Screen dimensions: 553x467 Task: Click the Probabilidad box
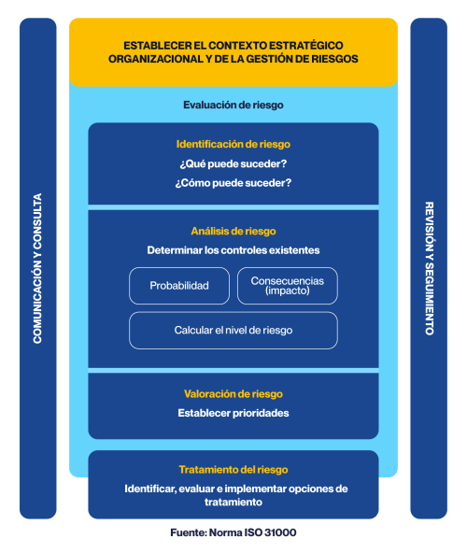[178, 286]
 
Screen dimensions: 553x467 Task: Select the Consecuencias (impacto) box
[287, 286]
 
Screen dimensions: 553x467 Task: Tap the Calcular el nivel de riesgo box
[233, 331]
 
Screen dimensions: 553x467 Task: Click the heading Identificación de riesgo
[233, 144]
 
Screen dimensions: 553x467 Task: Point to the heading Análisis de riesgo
[233, 231]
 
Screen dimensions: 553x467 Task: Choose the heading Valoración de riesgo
[233, 394]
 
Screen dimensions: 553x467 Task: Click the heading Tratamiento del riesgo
[233, 469]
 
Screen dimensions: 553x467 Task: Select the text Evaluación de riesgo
[233, 106]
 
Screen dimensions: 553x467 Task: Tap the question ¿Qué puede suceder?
[233, 163]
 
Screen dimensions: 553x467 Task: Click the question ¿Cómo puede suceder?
[233, 183]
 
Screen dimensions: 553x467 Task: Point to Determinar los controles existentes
[233, 250]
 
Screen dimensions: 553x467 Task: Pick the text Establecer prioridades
[233, 413]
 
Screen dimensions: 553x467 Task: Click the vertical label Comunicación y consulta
[37, 268]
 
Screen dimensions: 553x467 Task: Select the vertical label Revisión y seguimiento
[429, 268]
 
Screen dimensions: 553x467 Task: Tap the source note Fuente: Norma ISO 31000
[233, 532]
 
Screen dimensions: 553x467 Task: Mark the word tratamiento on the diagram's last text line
[233, 503]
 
